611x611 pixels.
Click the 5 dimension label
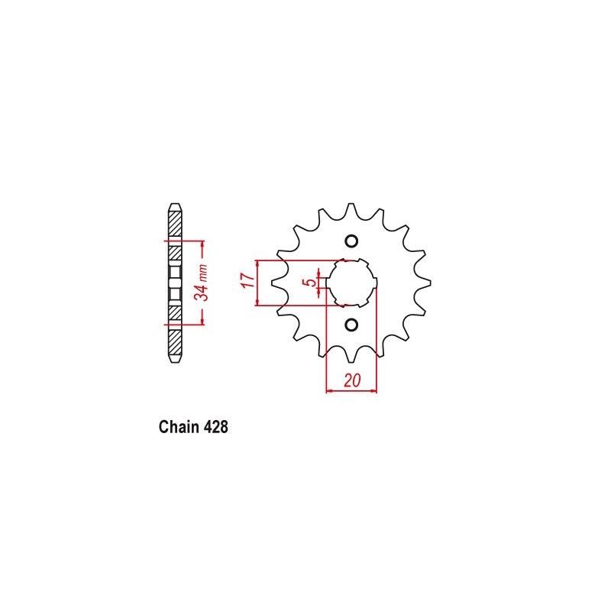click(x=309, y=283)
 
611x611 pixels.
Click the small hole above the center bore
click(x=351, y=242)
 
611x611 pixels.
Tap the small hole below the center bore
click(x=351, y=325)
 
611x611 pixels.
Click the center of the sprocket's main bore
click(x=351, y=283)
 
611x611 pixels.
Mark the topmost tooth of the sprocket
click(x=351, y=207)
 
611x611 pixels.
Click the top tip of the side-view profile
click(x=175, y=204)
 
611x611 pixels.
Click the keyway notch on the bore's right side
click(x=375, y=283)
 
